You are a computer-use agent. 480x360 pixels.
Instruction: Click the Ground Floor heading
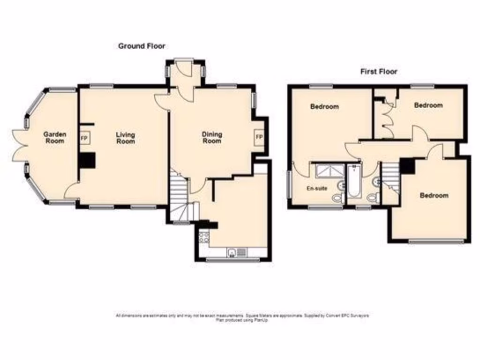[141, 46]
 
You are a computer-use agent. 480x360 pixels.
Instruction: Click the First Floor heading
[378, 72]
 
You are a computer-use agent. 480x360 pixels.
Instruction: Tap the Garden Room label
[55, 137]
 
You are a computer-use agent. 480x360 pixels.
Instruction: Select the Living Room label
[125, 138]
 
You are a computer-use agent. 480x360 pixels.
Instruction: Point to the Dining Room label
[212, 137]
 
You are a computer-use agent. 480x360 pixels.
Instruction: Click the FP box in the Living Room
[85, 138]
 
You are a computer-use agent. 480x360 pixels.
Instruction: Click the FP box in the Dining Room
[259, 137]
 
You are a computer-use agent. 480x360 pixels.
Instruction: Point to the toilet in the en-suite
[337, 198]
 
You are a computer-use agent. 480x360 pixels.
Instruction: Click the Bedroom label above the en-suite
[324, 107]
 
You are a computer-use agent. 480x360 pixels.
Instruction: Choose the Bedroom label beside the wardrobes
[428, 105]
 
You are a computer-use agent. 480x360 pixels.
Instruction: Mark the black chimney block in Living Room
[87, 160]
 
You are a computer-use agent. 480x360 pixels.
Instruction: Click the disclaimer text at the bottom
[242, 317]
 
